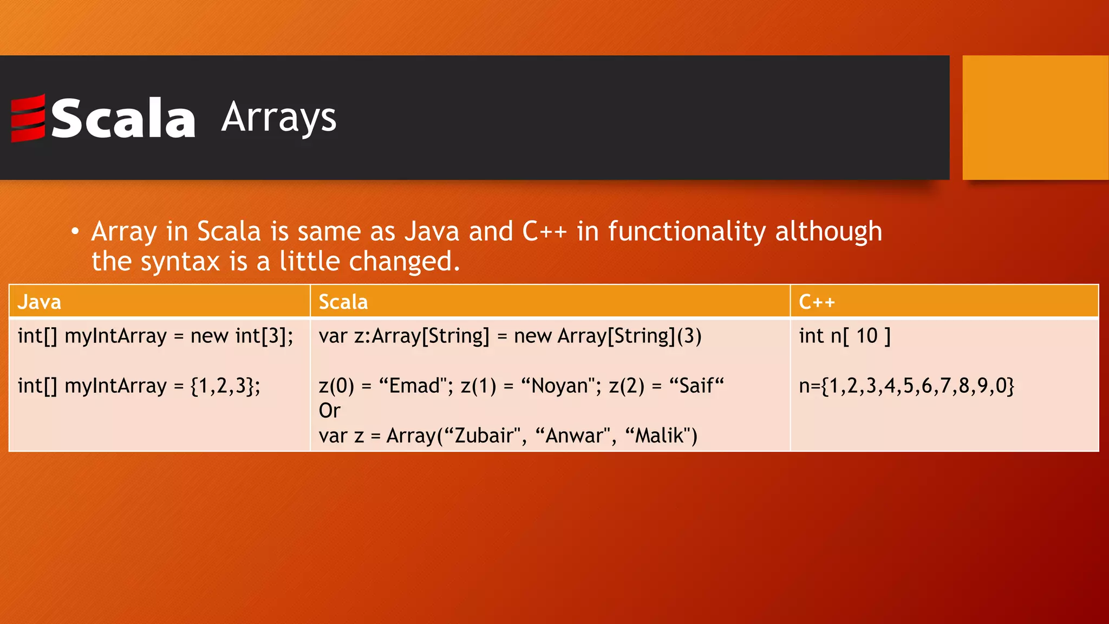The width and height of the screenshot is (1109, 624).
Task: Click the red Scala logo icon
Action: tap(28, 118)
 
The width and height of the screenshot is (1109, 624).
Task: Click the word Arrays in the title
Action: tap(279, 118)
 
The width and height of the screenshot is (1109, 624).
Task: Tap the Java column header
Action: tap(39, 302)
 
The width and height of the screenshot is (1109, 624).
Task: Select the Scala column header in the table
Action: tap(343, 302)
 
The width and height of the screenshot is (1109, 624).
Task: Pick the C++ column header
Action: tap(817, 302)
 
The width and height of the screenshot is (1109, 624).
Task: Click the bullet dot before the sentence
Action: tap(75, 232)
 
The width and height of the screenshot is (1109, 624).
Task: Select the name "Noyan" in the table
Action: tap(560, 386)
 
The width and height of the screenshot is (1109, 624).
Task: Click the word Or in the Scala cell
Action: tap(329, 411)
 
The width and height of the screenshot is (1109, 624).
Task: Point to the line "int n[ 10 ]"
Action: tap(844, 336)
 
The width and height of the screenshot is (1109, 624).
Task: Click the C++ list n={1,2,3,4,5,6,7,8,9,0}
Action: tap(906, 386)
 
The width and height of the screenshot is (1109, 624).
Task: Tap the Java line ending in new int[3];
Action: tap(155, 336)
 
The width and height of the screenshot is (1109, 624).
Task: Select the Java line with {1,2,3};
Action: tap(139, 386)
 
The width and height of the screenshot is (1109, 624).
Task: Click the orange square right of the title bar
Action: tap(1035, 118)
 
